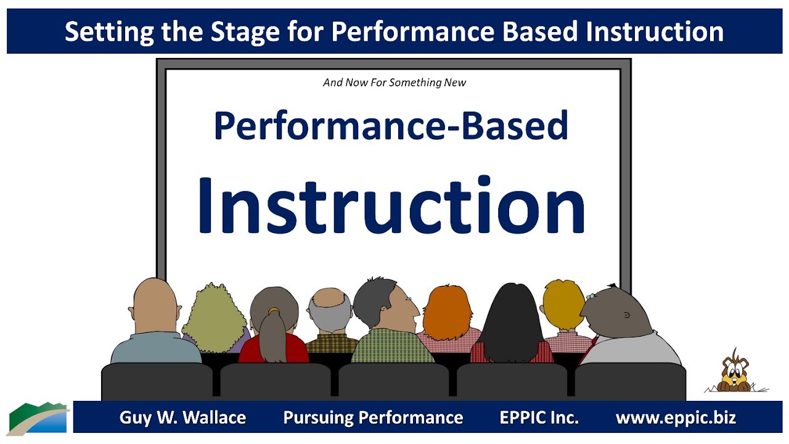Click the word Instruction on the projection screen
(x=391, y=204)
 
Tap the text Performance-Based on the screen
(x=391, y=126)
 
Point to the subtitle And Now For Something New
(x=394, y=82)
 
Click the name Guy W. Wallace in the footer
(x=182, y=417)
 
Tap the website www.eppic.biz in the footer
(x=676, y=417)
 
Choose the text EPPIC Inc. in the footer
(x=539, y=417)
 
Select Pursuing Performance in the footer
(x=373, y=417)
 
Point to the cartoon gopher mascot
(x=735, y=372)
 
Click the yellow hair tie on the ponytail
(x=274, y=310)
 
